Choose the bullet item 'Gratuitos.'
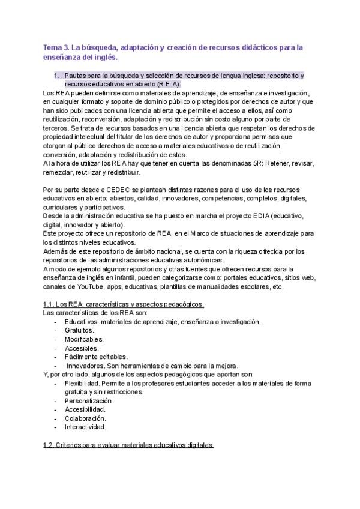tap(80, 330)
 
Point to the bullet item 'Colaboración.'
tap(86, 418)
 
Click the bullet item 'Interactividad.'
tap(86, 427)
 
